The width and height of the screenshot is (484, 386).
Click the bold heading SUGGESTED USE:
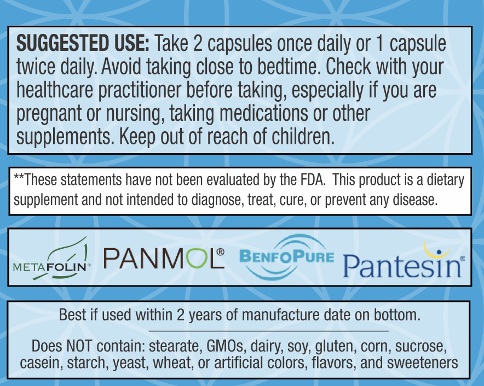[x=83, y=43]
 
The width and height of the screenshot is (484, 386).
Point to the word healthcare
[x=55, y=90]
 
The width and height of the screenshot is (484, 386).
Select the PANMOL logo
[x=164, y=259]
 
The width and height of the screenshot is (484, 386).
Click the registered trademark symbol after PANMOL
[x=221, y=252]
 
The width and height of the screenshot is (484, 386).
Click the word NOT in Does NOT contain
[x=79, y=346]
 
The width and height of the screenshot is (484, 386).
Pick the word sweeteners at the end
[x=422, y=363]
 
